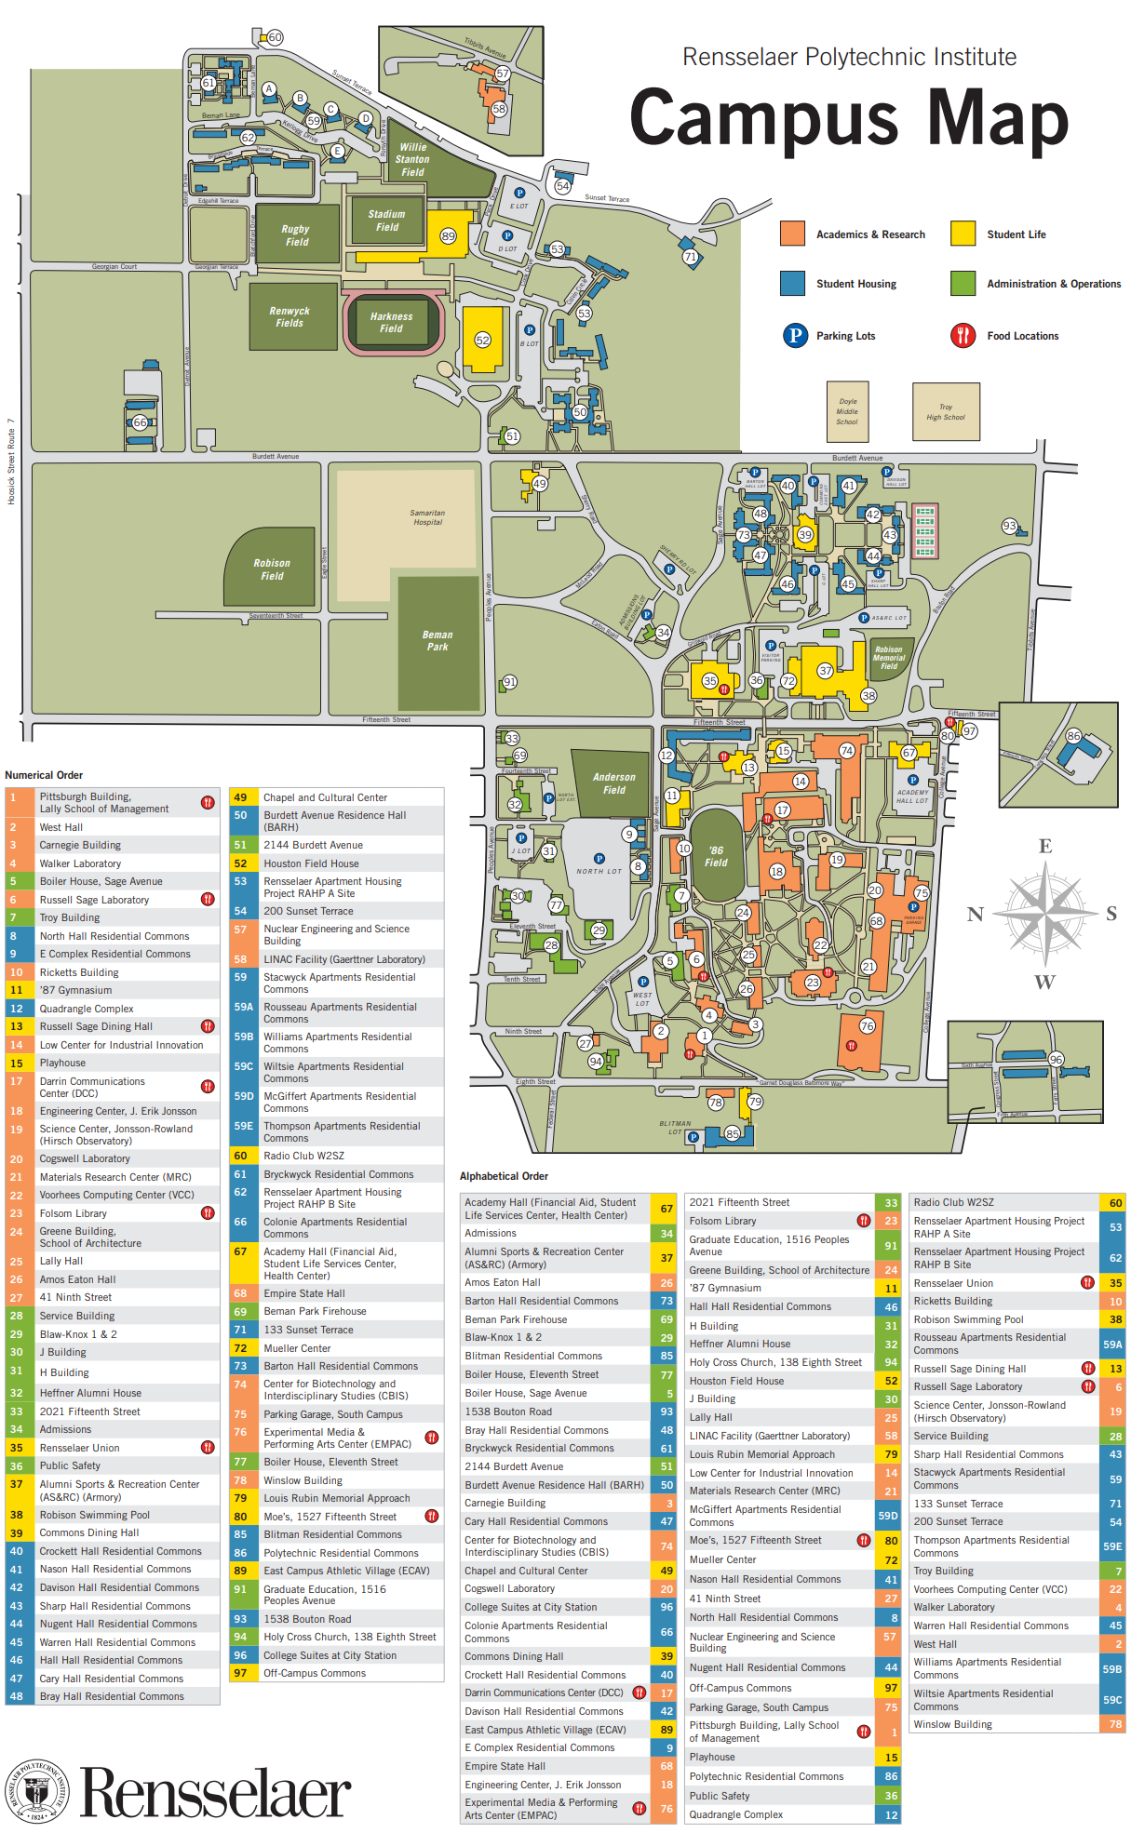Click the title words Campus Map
(848, 119)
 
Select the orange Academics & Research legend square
(792, 234)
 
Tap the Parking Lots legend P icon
(795, 335)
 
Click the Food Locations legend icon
(963, 335)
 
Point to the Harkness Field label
(391, 322)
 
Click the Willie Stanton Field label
(412, 159)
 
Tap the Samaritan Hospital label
(427, 517)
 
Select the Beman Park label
(438, 640)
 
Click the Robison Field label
(272, 569)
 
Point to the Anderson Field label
(614, 783)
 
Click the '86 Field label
(716, 856)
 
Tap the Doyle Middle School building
(847, 411)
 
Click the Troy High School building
(946, 412)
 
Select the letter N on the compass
(975, 914)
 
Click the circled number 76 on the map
(867, 1025)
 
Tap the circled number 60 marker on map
(275, 37)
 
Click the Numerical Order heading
(44, 775)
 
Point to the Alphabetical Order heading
(504, 1176)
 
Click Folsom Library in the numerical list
(73, 1213)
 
